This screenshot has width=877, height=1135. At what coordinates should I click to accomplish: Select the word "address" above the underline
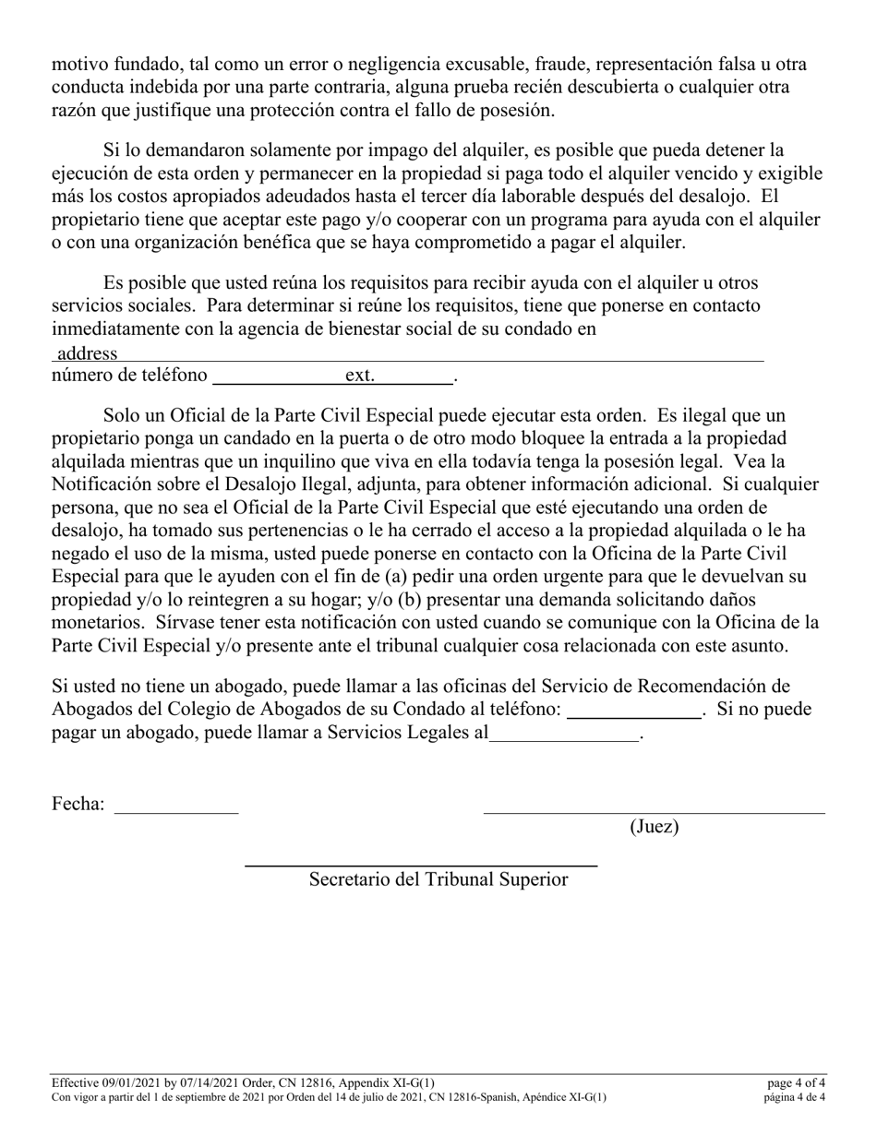tap(87, 352)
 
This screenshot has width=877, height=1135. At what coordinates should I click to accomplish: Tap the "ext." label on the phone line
tap(360, 376)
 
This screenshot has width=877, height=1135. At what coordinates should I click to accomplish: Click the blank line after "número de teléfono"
tap(277, 380)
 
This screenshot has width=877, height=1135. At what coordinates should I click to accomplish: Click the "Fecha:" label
tap(78, 804)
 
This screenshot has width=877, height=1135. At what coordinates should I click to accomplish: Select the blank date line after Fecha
tap(175, 810)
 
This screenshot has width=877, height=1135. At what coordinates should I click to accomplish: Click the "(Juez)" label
tap(654, 827)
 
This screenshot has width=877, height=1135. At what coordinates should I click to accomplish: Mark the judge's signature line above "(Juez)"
tap(654, 812)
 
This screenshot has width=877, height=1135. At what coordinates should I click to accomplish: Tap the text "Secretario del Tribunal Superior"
tap(438, 879)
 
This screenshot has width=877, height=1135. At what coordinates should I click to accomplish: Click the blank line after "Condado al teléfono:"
tap(633, 715)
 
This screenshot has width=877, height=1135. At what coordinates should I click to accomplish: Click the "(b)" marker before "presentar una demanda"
tap(412, 600)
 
